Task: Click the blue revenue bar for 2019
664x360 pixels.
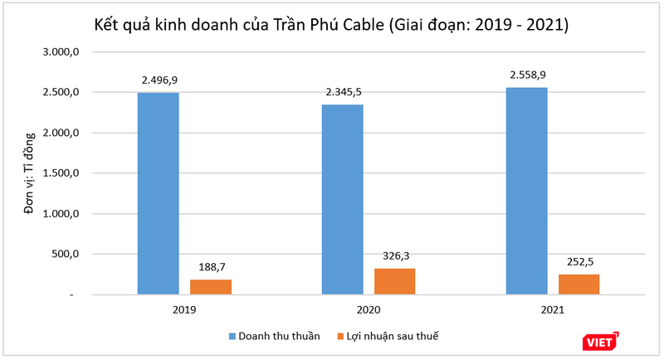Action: tap(158, 193)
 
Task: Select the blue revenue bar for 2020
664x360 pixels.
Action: tap(342, 199)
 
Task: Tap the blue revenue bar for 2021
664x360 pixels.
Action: tap(526, 191)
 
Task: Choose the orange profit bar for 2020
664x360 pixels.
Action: tap(394, 281)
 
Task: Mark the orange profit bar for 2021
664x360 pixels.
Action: tap(579, 285)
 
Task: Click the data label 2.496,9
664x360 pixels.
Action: tap(158, 80)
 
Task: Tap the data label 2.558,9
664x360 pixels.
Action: tap(526, 75)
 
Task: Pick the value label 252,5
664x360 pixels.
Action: tap(579, 262)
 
